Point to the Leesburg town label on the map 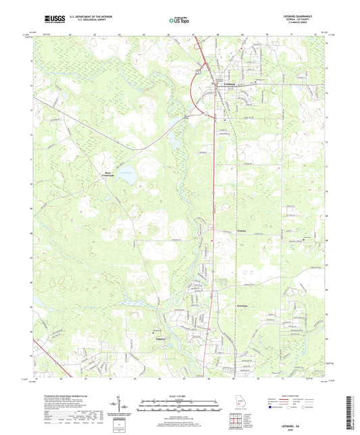(x=230, y=84)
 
